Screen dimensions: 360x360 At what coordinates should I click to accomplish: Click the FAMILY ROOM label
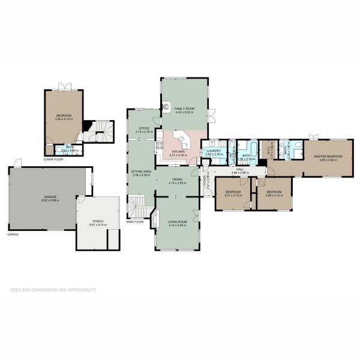coord(184,109)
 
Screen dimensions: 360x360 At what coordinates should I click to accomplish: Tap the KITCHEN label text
coord(178,152)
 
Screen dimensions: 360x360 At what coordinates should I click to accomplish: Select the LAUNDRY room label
coord(214,151)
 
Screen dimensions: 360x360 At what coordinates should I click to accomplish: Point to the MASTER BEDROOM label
coord(328,156)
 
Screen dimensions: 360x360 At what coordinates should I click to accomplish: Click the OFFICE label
coord(144,128)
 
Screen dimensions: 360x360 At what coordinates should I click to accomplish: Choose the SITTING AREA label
coord(142,172)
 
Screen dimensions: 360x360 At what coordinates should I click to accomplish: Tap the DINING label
coord(177,179)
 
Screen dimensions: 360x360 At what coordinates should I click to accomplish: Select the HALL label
coord(239,170)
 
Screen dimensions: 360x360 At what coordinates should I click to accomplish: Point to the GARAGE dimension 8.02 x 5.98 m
coord(45,200)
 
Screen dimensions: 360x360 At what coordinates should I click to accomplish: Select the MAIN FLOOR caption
coord(134,222)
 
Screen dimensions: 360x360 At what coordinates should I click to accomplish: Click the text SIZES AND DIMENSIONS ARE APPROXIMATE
coord(53,289)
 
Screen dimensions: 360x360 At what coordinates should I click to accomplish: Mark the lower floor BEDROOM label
coord(63,115)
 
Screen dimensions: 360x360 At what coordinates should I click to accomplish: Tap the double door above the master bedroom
coord(312,137)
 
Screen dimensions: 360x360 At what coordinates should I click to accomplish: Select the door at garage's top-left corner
coord(19,163)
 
